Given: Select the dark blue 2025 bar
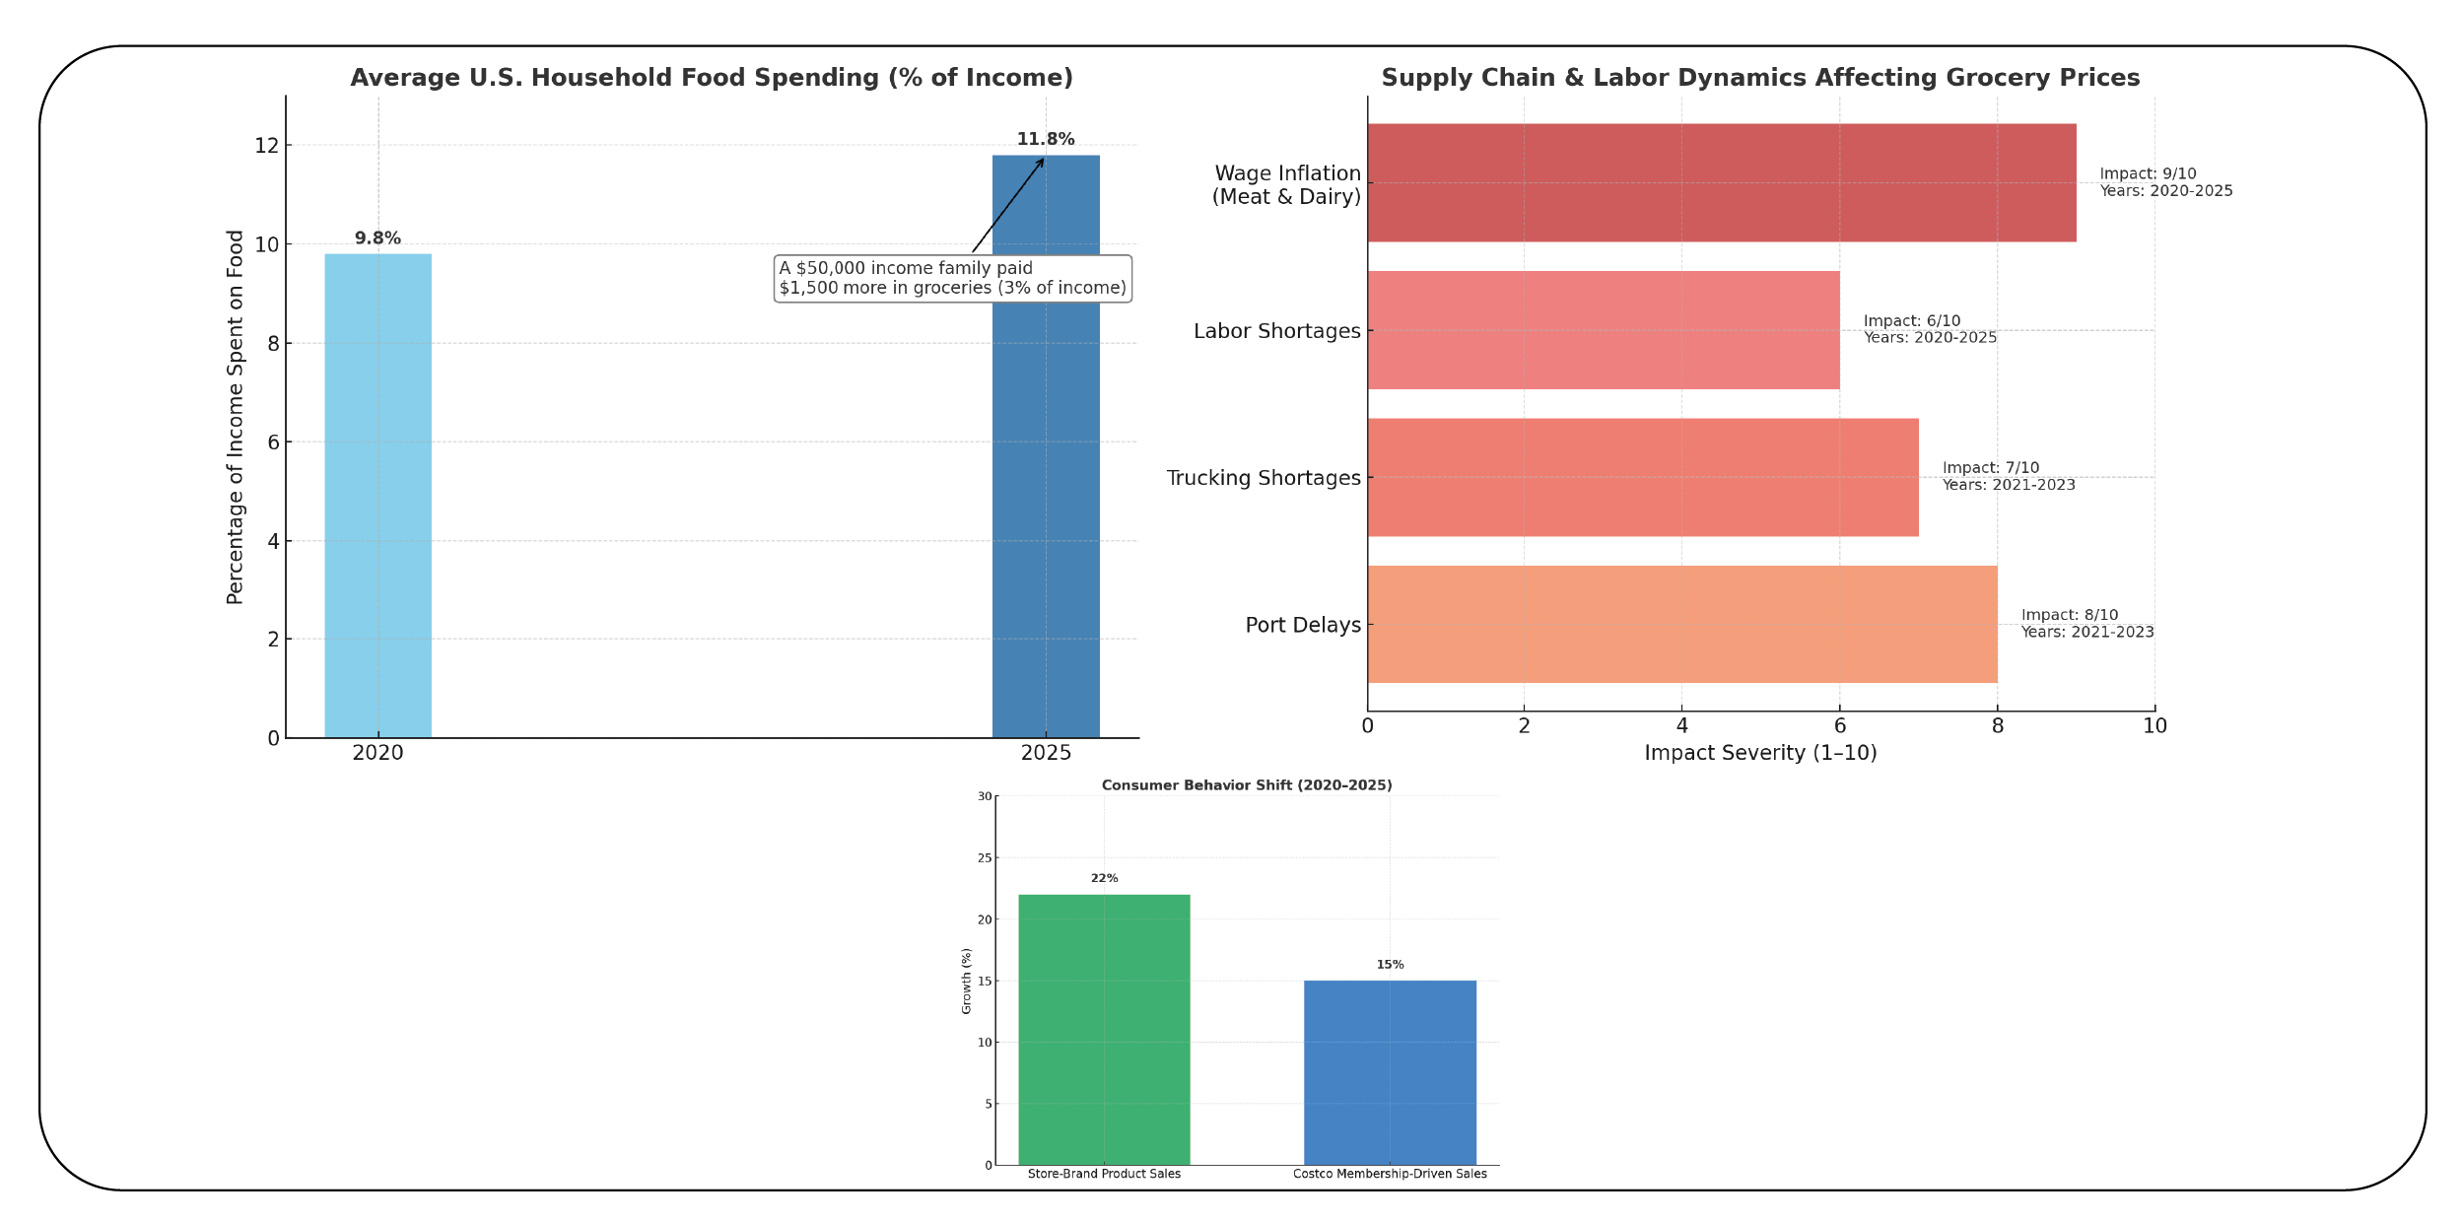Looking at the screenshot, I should (x=1046, y=512).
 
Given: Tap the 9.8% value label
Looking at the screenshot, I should (x=377, y=238).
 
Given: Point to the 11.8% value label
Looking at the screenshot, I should (x=1046, y=140).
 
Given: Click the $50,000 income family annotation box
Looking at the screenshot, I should (x=952, y=278).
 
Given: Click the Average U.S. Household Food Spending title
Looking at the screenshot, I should (x=711, y=78).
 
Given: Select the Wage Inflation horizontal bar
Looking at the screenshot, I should (x=1721, y=182).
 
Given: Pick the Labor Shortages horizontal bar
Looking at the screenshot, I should (x=1603, y=330).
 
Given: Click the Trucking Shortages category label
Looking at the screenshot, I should (x=1263, y=478).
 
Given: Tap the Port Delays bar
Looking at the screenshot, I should (x=1681, y=624).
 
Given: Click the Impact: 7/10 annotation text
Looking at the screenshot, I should (x=1990, y=468).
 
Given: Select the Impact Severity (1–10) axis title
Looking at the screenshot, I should (x=1760, y=753).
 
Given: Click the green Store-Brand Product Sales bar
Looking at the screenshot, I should (x=1104, y=1029).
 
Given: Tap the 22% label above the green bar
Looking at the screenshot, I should (x=1104, y=878).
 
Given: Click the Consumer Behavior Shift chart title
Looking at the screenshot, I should (x=1247, y=785).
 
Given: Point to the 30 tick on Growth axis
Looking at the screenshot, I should (x=985, y=796).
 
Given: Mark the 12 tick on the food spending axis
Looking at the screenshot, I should (x=266, y=146).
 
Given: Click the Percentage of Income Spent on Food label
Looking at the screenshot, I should (x=235, y=417).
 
